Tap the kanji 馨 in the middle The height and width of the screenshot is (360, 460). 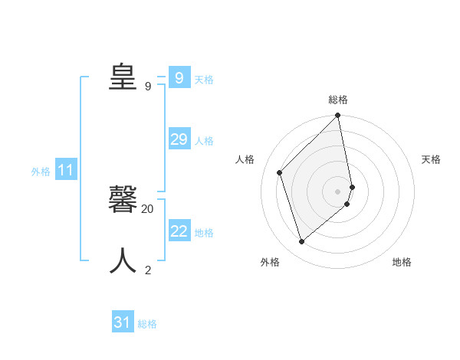[123, 198]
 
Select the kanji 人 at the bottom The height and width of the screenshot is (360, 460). [123, 260]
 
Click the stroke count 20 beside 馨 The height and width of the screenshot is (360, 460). [148, 208]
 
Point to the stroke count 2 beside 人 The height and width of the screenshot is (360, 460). [148, 270]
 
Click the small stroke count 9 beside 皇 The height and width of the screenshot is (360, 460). [148, 86]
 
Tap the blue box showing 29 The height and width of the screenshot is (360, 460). [179, 139]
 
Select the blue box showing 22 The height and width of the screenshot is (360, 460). [179, 231]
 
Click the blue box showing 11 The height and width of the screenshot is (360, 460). [65, 171]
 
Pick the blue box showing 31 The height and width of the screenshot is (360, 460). [123, 322]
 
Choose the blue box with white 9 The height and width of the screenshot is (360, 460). [179, 78]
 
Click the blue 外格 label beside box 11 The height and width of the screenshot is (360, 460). [41, 172]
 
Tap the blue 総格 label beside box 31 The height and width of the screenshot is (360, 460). [147, 324]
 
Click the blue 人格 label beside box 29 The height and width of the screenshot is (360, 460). [204, 141]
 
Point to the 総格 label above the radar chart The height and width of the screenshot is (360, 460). [338, 100]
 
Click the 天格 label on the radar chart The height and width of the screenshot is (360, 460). [431, 159]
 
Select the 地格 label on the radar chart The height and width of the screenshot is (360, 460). [402, 262]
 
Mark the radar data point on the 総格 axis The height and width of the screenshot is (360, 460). [338, 116]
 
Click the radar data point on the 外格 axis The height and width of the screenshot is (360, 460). [302, 241]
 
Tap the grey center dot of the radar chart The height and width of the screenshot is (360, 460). [338, 191]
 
